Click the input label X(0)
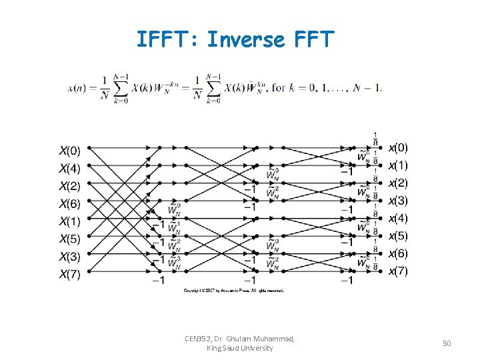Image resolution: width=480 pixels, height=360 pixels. click(x=71, y=150)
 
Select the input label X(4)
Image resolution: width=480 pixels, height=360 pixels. click(x=71, y=168)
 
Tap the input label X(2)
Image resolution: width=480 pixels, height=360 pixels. click(x=71, y=186)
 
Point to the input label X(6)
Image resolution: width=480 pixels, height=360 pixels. click(x=71, y=203)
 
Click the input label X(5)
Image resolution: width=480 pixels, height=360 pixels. click(x=71, y=239)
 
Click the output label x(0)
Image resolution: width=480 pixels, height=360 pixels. click(x=399, y=147)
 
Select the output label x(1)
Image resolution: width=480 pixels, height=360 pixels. click(x=399, y=165)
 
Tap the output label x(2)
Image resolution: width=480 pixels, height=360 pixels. click(x=399, y=183)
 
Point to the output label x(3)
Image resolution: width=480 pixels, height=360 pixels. click(x=399, y=200)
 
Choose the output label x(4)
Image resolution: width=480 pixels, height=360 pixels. click(x=399, y=218)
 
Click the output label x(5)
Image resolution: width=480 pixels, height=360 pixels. click(x=399, y=235)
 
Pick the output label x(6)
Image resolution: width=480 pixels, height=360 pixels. click(x=399, y=253)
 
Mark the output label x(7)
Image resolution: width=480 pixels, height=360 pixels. click(x=399, y=271)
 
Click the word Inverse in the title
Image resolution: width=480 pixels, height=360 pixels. click(x=245, y=40)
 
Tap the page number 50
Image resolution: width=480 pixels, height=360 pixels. click(x=447, y=343)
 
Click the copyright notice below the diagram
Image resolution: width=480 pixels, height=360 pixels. click(x=234, y=291)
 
